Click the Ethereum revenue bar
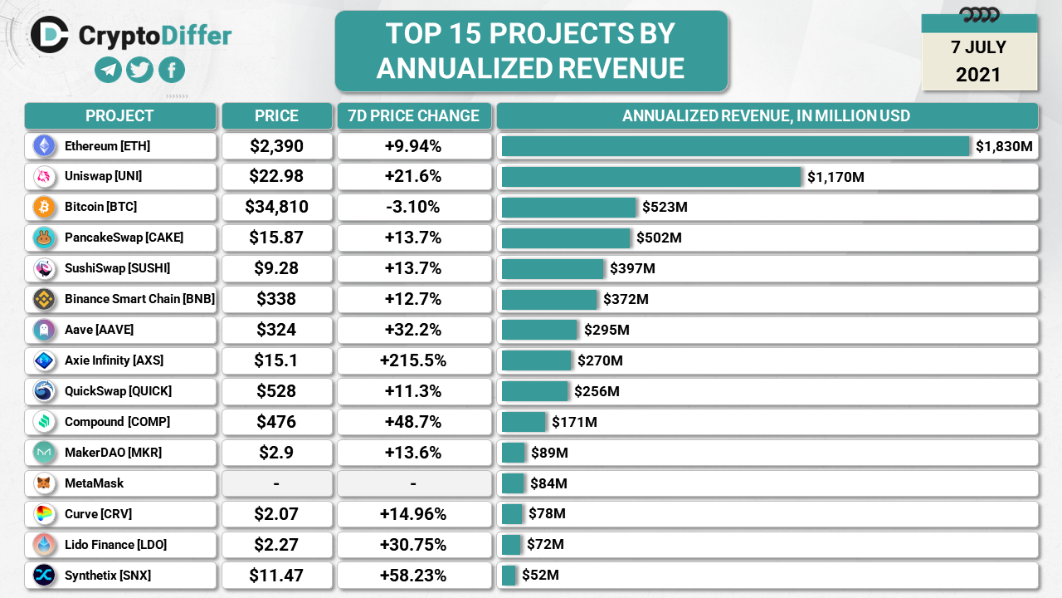coord(735,146)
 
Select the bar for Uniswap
coord(651,177)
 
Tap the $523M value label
coord(665,207)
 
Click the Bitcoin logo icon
coord(44,207)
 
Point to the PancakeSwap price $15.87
coord(276,238)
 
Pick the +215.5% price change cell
coord(413,360)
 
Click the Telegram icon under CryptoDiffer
coord(108,70)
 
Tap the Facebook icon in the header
coord(172,70)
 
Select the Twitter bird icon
coord(139,70)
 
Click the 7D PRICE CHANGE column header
coord(413,116)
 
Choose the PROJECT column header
coord(119,116)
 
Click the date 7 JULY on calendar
coord(979,47)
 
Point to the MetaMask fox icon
coord(44,483)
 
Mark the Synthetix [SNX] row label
coord(108,575)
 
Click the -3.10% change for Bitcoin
coord(413,207)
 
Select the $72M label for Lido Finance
coord(545,545)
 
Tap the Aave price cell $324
coord(276,330)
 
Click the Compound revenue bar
coord(524,422)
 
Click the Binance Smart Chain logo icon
coord(44,299)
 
